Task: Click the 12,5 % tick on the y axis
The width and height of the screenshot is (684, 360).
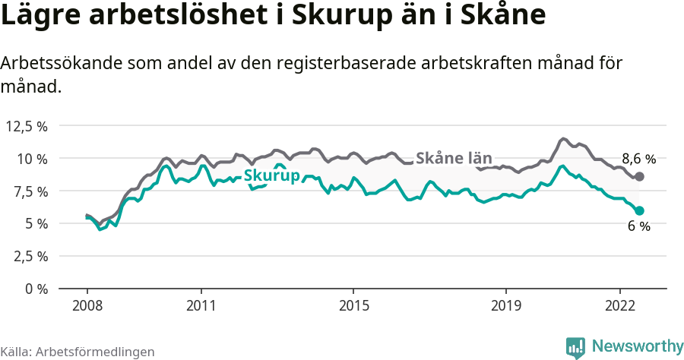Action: (x=27, y=126)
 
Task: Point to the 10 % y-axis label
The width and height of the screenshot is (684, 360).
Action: (x=32, y=159)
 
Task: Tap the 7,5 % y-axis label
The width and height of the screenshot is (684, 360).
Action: (x=29, y=191)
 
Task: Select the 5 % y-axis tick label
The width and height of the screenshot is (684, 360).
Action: (x=35, y=224)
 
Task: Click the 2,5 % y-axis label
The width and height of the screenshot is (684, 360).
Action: (x=29, y=256)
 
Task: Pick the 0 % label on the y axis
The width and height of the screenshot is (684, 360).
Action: (x=35, y=289)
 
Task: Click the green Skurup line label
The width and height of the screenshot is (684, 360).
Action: (x=271, y=175)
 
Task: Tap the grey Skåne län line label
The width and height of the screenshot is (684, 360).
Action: (x=454, y=158)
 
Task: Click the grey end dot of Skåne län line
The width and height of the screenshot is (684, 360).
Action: (x=639, y=176)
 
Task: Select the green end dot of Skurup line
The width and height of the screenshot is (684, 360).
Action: (x=639, y=210)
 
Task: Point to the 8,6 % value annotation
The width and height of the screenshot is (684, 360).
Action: (x=638, y=159)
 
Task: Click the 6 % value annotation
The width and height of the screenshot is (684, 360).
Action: (x=638, y=226)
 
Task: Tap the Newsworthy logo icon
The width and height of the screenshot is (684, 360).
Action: (x=575, y=347)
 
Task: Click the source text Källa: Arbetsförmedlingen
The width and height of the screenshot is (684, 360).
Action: (x=78, y=352)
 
